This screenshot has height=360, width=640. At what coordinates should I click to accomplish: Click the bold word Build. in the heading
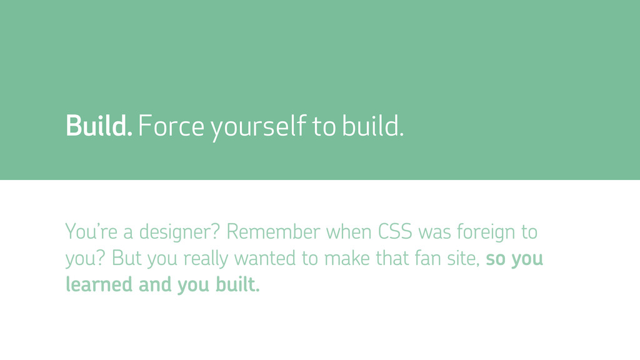pos(99,125)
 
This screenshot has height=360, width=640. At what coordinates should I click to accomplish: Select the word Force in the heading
pos(171,125)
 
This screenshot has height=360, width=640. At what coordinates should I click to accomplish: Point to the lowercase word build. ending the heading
pos(372,125)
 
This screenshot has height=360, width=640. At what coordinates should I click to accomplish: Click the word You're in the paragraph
pos(91,231)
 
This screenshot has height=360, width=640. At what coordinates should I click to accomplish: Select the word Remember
pos(273,231)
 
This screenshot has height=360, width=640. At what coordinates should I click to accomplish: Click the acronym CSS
pos(395,231)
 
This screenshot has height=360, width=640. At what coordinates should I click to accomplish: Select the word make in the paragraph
pos(347,258)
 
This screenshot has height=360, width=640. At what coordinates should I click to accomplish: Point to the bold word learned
pos(99,284)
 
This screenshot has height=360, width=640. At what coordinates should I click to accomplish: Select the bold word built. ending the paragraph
pos(237,284)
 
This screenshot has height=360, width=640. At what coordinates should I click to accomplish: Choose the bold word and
pos(155,284)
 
